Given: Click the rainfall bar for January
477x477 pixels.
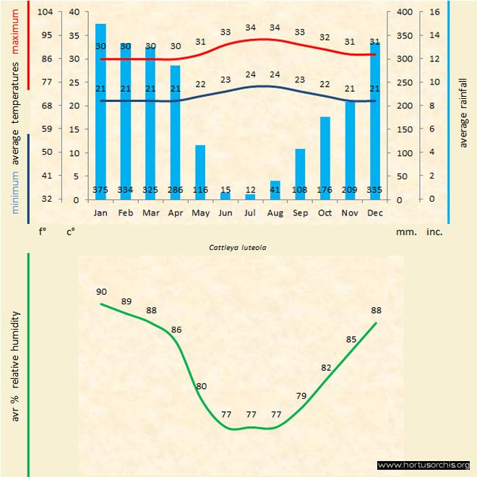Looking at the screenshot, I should point(101,108).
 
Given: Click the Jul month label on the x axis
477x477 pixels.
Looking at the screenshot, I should point(250,213).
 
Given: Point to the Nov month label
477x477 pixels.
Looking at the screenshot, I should point(350,213).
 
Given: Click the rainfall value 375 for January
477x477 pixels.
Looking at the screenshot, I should point(101,190).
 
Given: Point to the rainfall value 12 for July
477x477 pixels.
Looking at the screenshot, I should point(250,190).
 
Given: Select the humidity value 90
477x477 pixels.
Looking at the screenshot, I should point(101,291).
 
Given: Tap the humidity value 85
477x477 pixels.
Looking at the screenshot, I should point(351,339).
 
